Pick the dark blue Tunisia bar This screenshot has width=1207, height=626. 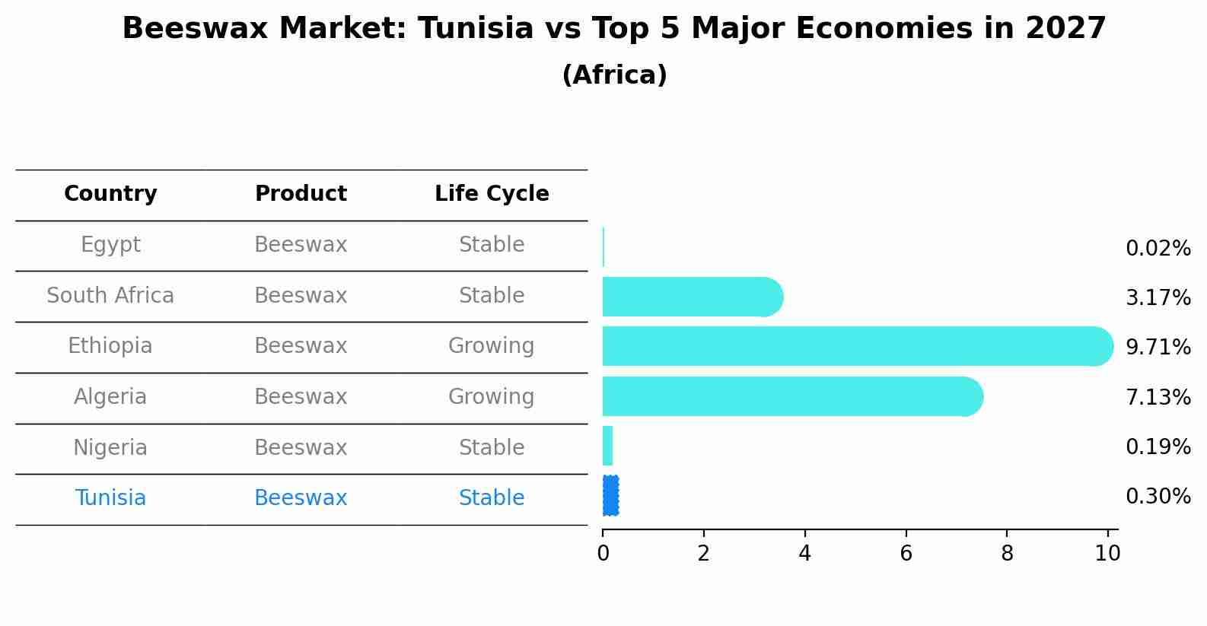coord(610,496)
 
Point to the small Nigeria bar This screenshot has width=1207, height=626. coord(607,446)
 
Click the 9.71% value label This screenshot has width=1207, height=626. coord(1158,348)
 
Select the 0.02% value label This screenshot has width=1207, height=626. coord(1158,249)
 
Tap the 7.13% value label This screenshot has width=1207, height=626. coord(1158,397)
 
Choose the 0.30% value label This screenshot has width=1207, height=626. coord(1158,497)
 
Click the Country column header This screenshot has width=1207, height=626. coord(110,194)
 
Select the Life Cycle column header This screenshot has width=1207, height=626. coord(492,194)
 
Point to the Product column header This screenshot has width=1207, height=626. coord(301,194)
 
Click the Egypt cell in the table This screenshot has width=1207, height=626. coord(110,245)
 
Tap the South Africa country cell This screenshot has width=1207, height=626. coord(110,296)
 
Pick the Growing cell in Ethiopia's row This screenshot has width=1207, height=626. coord(492,346)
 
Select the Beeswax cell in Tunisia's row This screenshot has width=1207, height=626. coord(301,498)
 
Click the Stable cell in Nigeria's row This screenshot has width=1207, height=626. coord(492,448)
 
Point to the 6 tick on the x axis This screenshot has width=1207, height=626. coord(906,554)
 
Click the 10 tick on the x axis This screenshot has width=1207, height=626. coord(1108,554)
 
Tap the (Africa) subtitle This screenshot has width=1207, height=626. coord(614,75)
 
